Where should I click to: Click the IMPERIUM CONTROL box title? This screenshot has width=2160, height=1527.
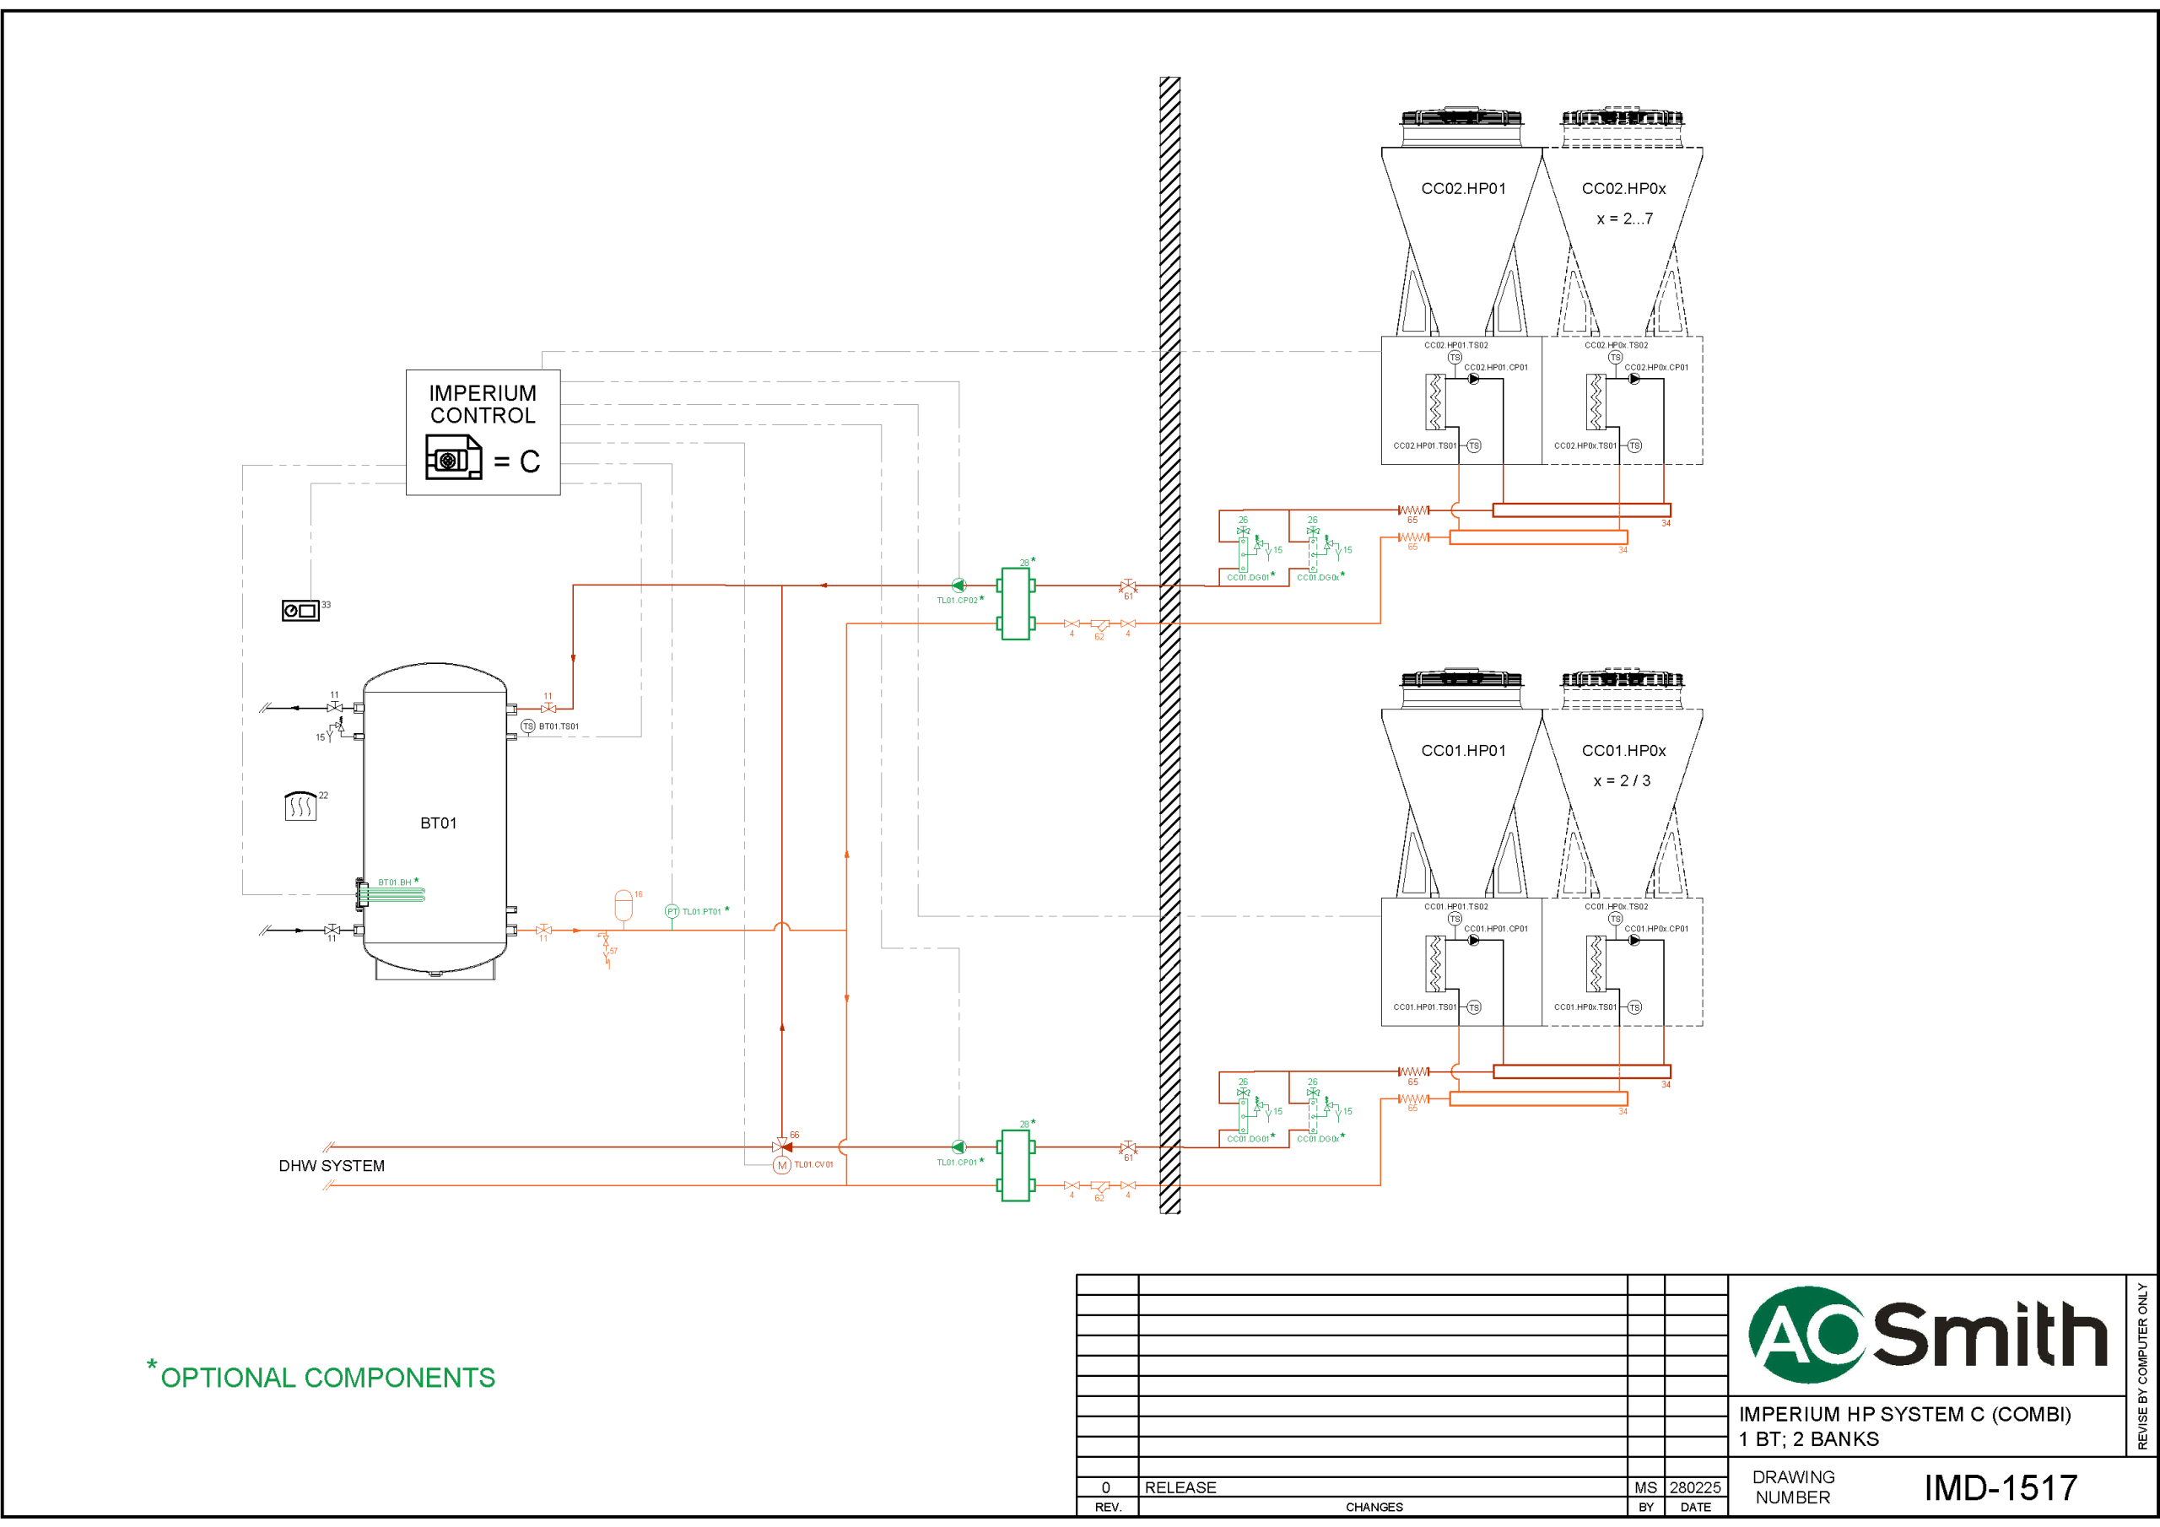pos(483,405)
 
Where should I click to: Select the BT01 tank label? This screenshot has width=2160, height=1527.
pos(439,823)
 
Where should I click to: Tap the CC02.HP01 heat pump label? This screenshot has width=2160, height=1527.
pos(1463,189)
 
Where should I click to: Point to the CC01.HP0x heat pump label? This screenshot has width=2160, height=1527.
pos(1623,751)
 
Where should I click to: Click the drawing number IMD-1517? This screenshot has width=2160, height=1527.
pos(2000,1487)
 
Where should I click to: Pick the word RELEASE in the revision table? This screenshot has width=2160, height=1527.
pos(1180,1487)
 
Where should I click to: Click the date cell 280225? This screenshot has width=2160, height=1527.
pos(1694,1487)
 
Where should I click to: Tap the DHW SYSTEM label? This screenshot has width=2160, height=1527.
pos(331,1166)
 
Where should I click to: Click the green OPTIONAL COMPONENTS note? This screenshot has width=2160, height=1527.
pos(327,1378)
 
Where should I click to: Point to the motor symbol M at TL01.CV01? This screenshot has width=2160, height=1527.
pos(782,1166)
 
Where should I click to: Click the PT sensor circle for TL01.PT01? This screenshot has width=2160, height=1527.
pos(672,912)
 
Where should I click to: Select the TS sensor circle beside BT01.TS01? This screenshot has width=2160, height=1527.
pos(528,726)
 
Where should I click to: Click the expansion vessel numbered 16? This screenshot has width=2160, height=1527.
pos(623,904)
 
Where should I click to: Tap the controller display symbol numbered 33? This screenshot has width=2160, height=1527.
pos(300,611)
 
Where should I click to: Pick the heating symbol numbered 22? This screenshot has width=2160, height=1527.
pos(300,807)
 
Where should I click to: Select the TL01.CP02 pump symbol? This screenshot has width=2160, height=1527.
pos(958,585)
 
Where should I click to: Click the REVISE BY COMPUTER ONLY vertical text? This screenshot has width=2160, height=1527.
pos(2142,1366)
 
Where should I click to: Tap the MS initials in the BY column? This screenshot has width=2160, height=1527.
pos(1645,1487)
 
